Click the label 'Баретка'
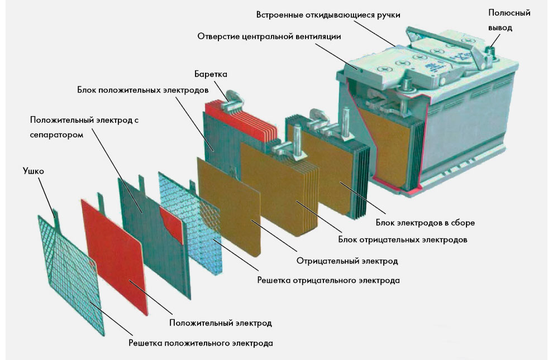pos(211,74)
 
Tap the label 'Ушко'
pos(34,171)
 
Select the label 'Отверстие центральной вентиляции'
pos(269,36)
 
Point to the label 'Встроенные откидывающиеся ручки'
pos(328,15)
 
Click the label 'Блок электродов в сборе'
pos(425,223)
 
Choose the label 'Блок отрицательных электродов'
pos(403,239)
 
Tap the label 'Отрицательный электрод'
pos(347,261)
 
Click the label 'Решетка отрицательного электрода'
pos(328,280)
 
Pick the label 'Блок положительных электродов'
pos(143,90)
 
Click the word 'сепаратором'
pos(56,135)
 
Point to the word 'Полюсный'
pos(509,13)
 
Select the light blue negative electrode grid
pos(190,223)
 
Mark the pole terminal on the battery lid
pos(490,51)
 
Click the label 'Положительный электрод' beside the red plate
pos(221,323)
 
